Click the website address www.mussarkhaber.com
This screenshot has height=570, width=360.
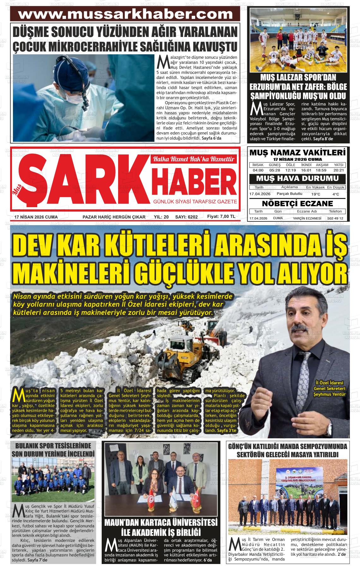[125, 14]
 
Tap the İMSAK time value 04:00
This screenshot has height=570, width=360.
[258, 170]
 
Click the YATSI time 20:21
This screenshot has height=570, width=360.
[339, 170]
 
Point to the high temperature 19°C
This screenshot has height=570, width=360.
[315, 194]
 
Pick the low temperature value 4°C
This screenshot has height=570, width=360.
[336, 194]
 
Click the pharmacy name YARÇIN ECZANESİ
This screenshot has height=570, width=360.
[307, 219]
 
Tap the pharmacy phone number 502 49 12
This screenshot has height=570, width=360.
[335, 219]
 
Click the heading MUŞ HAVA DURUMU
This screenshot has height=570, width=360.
[297, 178]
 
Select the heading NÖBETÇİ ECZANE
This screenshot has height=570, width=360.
[297, 203]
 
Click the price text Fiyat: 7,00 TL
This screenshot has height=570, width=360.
[221, 217]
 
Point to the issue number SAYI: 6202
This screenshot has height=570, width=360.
[186, 217]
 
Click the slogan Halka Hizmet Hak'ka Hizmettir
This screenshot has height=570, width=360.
[194, 159]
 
